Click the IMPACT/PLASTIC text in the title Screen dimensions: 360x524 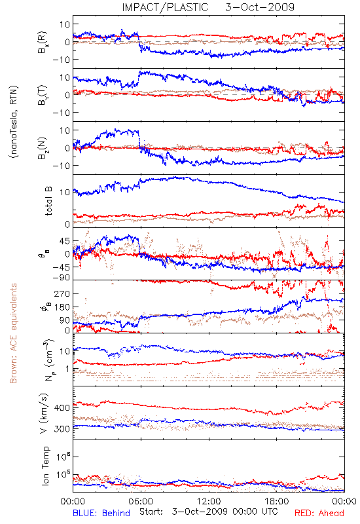(165, 7)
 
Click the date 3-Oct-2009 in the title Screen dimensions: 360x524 (260, 7)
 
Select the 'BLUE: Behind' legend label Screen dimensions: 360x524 (101, 513)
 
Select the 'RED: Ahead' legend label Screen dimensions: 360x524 (319, 513)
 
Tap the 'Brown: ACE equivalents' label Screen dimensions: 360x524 (13, 333)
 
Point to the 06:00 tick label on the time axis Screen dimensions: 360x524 (141, 501)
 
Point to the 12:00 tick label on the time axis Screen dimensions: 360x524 (209, 501)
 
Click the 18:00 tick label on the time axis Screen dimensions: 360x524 (277, 501)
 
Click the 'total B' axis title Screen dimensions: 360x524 (48, 201)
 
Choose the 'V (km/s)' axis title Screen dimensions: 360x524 (44, 413)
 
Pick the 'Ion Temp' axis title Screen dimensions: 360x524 (45, 466)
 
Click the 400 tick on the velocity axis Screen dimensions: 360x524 (62, 407)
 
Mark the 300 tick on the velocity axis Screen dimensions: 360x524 (62, 429)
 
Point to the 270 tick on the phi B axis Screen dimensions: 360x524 (62, 293)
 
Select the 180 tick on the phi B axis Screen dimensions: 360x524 (62, 307)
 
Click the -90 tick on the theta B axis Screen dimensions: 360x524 (61, 278)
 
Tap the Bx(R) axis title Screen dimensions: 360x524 (43, 42)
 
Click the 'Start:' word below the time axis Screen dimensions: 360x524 (151, 512)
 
